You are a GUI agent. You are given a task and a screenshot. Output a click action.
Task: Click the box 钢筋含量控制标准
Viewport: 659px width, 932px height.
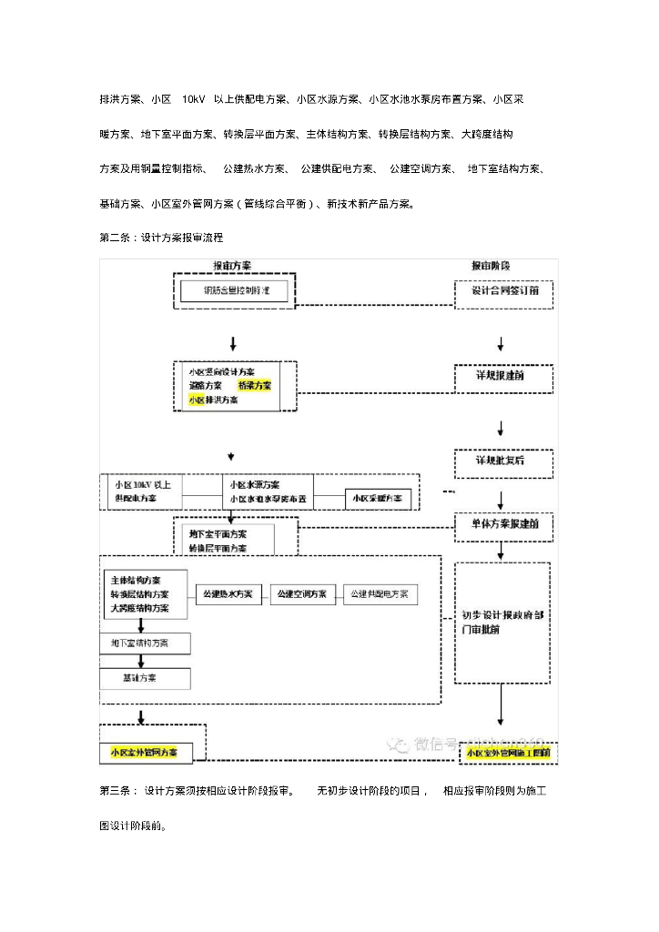234,291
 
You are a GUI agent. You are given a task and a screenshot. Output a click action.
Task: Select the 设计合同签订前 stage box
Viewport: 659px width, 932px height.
503,291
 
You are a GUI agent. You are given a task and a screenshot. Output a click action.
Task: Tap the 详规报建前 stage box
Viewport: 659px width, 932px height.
503,375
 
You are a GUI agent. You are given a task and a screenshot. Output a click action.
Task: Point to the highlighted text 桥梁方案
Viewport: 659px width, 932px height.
254,386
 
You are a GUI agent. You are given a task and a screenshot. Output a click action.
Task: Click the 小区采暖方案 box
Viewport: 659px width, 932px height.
378,499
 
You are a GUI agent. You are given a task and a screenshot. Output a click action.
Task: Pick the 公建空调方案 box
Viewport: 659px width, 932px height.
303,594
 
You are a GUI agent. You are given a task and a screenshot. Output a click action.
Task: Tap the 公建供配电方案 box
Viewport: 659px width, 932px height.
380,594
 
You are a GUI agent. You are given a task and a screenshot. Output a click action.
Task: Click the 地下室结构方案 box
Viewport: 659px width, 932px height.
145,643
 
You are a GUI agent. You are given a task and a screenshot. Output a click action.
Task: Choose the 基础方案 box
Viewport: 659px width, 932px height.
145,679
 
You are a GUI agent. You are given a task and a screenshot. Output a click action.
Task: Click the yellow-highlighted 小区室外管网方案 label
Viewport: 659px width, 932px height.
144,753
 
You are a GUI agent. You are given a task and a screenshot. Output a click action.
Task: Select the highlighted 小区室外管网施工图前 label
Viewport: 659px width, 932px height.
508,753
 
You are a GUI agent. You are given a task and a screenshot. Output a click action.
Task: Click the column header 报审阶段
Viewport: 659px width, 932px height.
491,266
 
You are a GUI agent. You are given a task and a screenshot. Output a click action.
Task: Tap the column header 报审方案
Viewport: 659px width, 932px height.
232,266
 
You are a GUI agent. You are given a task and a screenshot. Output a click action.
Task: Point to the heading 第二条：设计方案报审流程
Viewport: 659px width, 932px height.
160,237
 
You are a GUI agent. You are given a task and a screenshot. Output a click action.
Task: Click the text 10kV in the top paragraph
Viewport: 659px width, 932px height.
193,98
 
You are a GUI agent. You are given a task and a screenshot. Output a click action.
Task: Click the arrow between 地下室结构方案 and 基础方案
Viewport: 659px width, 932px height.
141,662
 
